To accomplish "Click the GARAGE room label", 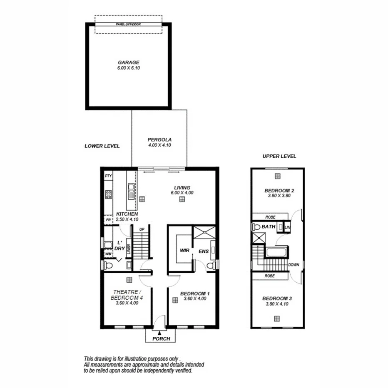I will pos(128,62).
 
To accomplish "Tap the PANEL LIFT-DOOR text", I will pos(128,25).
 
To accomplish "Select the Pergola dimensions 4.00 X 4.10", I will pos(159,145).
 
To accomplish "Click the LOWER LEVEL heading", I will pos(102,146).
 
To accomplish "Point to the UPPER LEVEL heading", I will pos(279,157).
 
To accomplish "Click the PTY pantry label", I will pos(108,176).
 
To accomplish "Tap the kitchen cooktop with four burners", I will pos(108,194).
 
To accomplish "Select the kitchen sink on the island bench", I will pos(131,192).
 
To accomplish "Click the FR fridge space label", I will pos(108,219).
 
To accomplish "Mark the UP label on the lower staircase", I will pos(142,229).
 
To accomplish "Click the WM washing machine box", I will pos(108,254).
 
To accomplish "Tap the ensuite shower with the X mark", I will pos(205,232).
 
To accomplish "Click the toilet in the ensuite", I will pos(211,265).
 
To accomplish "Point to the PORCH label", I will pos(161,338).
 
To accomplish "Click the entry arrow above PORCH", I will pos(160,331).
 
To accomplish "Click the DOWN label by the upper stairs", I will pos(293,264).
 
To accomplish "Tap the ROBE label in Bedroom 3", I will pos(270,276).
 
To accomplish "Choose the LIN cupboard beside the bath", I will pos(288,227).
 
